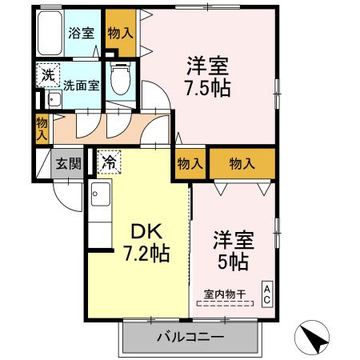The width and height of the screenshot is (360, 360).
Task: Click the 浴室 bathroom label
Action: tap(81, 34)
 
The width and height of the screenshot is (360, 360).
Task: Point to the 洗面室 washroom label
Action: tap(81, 84)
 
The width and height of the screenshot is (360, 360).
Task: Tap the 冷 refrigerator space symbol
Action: tap(108, 162)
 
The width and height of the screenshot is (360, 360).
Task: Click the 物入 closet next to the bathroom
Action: tap(121, 33)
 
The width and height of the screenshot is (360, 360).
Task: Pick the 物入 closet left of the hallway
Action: tap(42, 128)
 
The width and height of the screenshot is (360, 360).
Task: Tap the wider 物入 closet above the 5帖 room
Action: tap(242, 163)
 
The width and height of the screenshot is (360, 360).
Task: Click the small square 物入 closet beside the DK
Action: tap(190, 163)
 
